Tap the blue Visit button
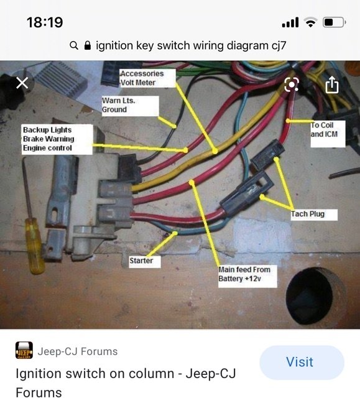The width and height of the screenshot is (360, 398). coord(302,362)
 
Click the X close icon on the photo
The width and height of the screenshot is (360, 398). coord(22,83)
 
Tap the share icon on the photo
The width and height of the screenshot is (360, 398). coord(331,84)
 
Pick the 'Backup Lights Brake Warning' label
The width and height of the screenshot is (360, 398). coord(57,139)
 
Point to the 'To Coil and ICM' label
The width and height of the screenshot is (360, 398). coord(327,134)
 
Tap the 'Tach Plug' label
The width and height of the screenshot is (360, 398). coord(315,215)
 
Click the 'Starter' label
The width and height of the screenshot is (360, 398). coord(141,261)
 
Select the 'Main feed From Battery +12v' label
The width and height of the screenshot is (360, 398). coord(244,274)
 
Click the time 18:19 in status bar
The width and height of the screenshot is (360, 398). coord(45,22)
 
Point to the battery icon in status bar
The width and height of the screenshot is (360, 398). coord(333,23)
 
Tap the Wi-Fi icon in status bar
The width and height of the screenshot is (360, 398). coord(310,23)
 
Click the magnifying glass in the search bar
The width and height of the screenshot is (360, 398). coord(74,45)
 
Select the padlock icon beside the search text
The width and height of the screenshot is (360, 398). coord(88,45)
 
